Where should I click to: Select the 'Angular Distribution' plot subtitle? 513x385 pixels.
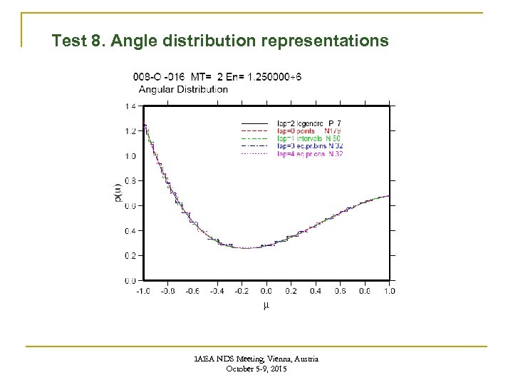tap(183, 89)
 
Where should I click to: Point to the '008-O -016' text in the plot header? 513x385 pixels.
tap(157, 77)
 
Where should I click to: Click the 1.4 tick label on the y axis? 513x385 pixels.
tap(131, 106)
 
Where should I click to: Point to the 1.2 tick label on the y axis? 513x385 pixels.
tap(131, 131)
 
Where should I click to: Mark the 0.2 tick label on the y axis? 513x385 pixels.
tap(131, 255)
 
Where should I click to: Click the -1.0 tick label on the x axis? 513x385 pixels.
tap(142, 291)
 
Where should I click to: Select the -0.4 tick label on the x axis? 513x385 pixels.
tap(217, 291)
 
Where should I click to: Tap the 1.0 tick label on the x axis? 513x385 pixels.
tap(390, 291)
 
